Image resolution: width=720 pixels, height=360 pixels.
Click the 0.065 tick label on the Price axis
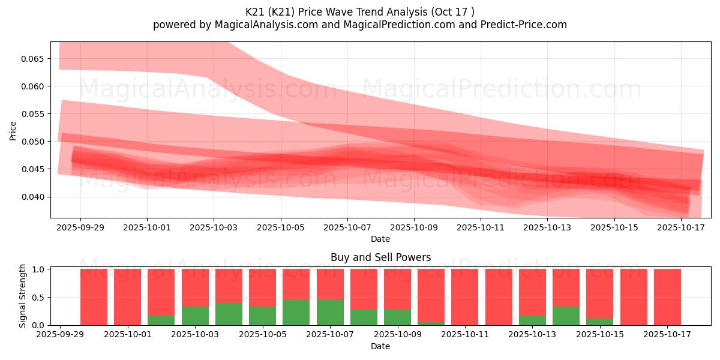[x=34, y=59]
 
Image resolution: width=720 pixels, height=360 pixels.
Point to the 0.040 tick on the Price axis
[x=34, y=197]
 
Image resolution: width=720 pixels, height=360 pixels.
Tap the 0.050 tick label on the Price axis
[x=34, y=142]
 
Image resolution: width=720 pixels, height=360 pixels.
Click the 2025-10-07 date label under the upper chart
[x=347, y=228]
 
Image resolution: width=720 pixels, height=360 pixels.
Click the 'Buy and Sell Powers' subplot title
[x=380, y=257]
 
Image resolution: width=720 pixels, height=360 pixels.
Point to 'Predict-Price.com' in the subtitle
[x=523, y=25]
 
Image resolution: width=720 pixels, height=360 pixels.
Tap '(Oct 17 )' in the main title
[x=454, y=12]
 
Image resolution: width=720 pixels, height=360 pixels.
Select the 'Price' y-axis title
[x=13, y=130]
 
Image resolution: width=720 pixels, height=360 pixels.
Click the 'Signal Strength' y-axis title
[x=23, y=296]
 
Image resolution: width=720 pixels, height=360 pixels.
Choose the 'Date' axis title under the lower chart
[x=380, y=346]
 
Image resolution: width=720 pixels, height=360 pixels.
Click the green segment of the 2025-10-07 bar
[x=330, y=312]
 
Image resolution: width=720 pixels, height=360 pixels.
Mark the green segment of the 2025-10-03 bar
[x=195, y=316]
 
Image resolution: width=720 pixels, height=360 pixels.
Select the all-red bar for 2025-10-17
[x=667, y=297]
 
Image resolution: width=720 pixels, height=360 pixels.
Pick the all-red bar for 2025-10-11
[x=465, y=297]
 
